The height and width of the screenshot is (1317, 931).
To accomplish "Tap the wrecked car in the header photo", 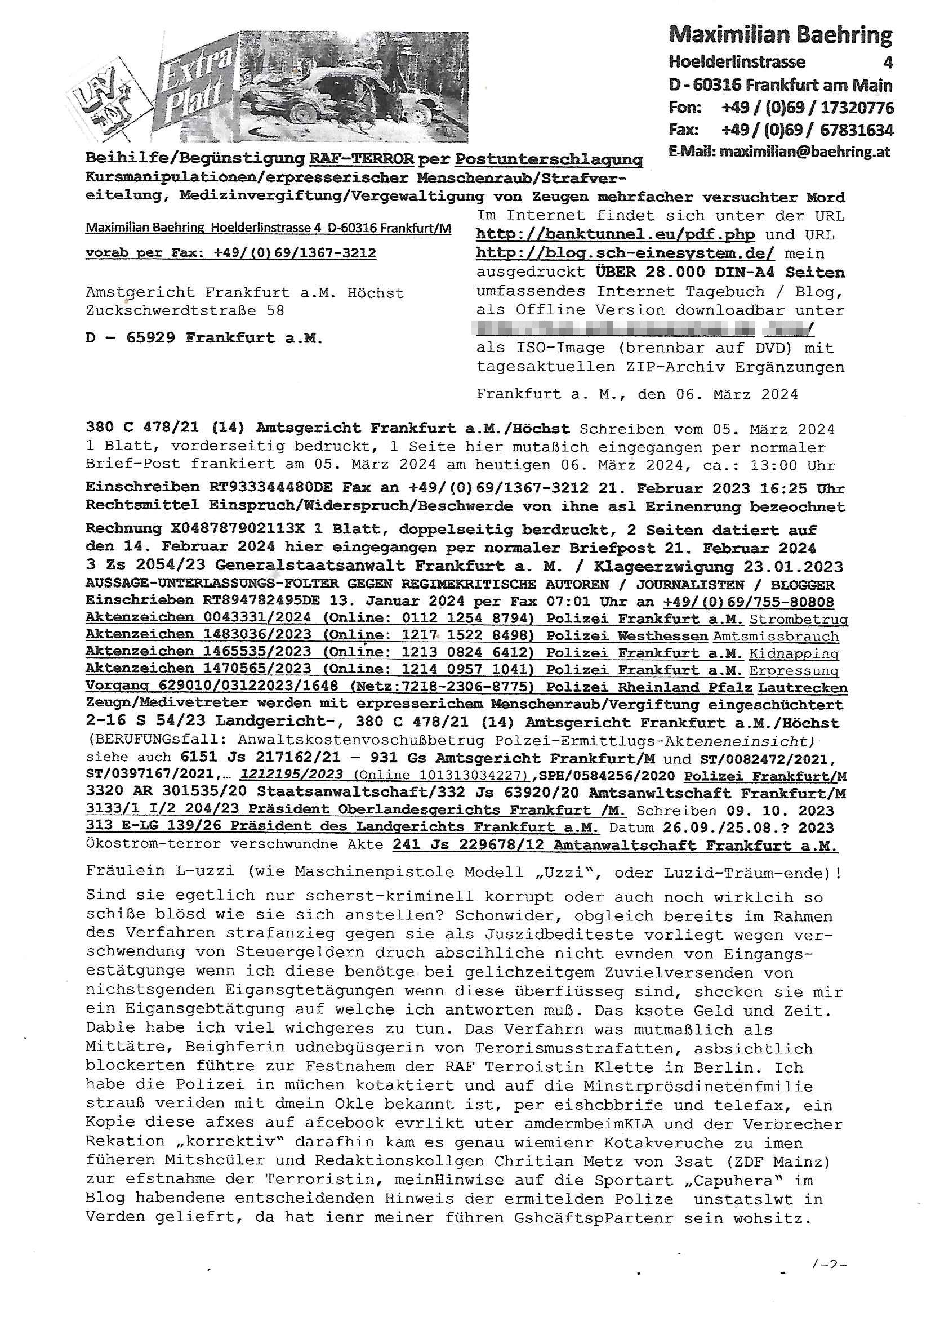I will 362,100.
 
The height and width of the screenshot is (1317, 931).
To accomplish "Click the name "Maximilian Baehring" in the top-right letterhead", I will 780,35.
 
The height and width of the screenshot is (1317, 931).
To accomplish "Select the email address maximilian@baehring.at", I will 805,152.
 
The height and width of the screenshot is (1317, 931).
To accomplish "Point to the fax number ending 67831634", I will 857,130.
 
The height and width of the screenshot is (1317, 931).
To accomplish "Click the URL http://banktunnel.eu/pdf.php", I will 615,234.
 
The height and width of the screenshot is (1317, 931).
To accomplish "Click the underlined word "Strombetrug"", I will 799,619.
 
